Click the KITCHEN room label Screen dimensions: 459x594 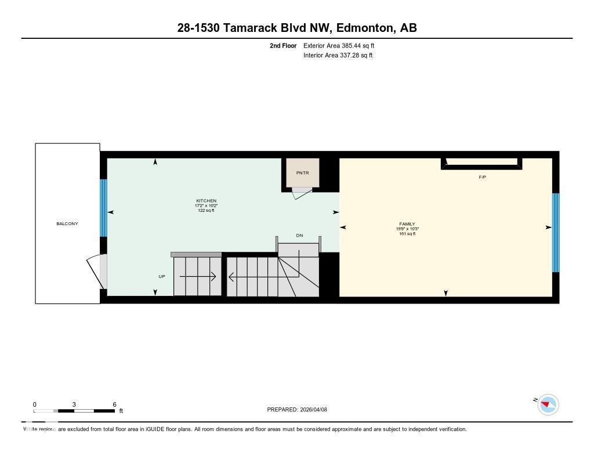[x=206, y=201]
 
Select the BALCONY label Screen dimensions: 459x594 [x=67, y=223]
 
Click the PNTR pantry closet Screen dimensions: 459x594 [x=302, y=172]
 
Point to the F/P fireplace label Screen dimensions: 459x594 [x=482, y=177]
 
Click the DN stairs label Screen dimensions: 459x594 [x=299, y=236]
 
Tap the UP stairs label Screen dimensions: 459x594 [x=162, y=276]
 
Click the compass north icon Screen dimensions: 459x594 [x=548, y=404]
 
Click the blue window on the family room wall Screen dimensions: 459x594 [x=555, y=232]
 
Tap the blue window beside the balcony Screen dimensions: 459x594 [x=104, y=208]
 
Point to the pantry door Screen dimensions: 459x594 [x=302, y=193]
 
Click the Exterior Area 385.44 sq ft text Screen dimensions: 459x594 [x=335, y=45]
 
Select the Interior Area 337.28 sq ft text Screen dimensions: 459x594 [x=338, y=56]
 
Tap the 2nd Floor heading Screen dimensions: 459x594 [x=283, y=45]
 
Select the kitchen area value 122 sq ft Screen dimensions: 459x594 [x=206, y=211]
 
